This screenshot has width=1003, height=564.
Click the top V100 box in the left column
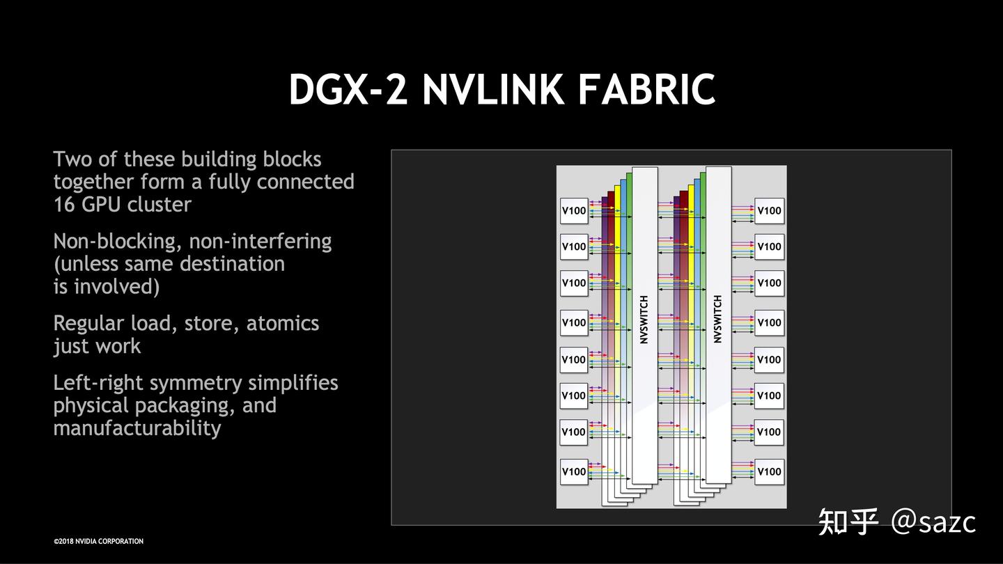point(574,211)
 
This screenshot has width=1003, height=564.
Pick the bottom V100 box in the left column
point(574,471)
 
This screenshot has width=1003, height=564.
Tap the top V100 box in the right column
point(769,211)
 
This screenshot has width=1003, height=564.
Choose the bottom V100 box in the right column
point(769,471)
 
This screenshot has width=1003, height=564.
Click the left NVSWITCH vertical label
point(644,320)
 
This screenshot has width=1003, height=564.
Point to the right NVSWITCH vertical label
point(718,320)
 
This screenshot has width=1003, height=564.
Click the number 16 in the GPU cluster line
point(65,205)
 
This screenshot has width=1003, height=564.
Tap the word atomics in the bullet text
point(282,324)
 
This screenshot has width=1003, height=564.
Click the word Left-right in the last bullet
point(98,383)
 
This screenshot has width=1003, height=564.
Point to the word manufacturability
point(137,428)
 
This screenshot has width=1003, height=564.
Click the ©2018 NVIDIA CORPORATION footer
point(98,541)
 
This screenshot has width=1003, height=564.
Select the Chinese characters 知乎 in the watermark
point(848,522)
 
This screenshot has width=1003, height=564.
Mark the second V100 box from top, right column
point(769,246)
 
